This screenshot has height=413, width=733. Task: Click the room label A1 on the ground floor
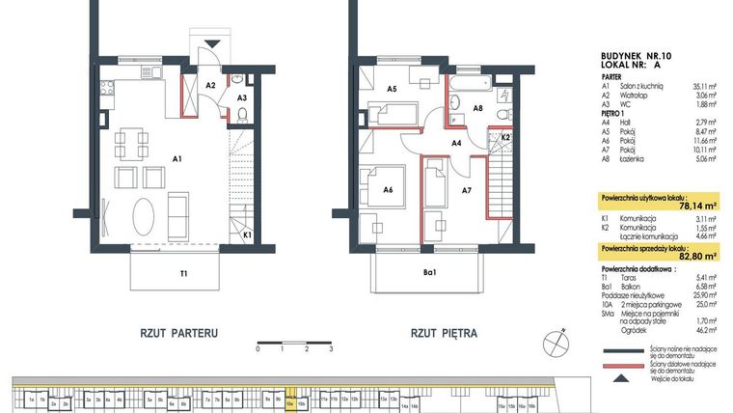177,156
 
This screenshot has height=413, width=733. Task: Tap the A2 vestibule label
210,85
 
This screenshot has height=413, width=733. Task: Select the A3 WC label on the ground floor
242,97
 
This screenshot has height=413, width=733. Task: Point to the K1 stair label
247,234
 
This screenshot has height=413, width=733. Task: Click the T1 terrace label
182,274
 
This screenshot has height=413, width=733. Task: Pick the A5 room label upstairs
393,89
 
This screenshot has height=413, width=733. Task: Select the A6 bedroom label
387,190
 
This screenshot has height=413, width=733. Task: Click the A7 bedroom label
466,191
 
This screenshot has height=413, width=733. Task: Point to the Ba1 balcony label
430,274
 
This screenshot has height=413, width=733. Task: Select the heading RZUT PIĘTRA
444,334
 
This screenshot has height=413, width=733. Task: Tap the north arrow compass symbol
554,340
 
